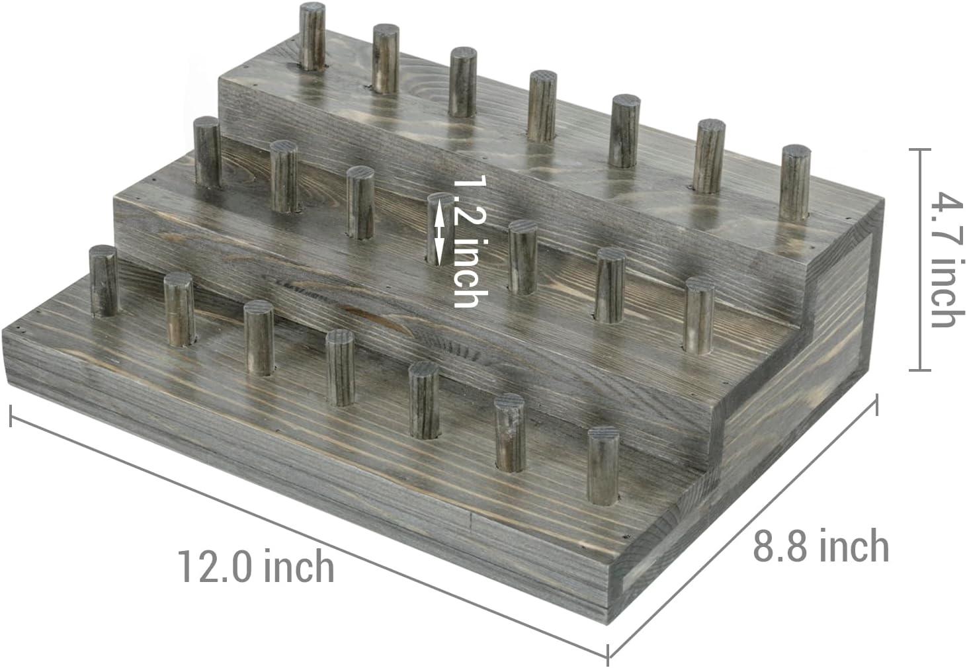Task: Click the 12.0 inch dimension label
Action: [255, 567]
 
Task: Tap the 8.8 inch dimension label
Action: [820, 546]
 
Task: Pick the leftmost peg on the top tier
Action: [312, 36]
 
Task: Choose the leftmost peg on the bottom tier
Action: [103, 280]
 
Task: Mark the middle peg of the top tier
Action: [542, 106]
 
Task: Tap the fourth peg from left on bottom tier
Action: [340, 367]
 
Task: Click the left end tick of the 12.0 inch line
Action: [11, 414]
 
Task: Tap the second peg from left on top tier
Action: [385, 58]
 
